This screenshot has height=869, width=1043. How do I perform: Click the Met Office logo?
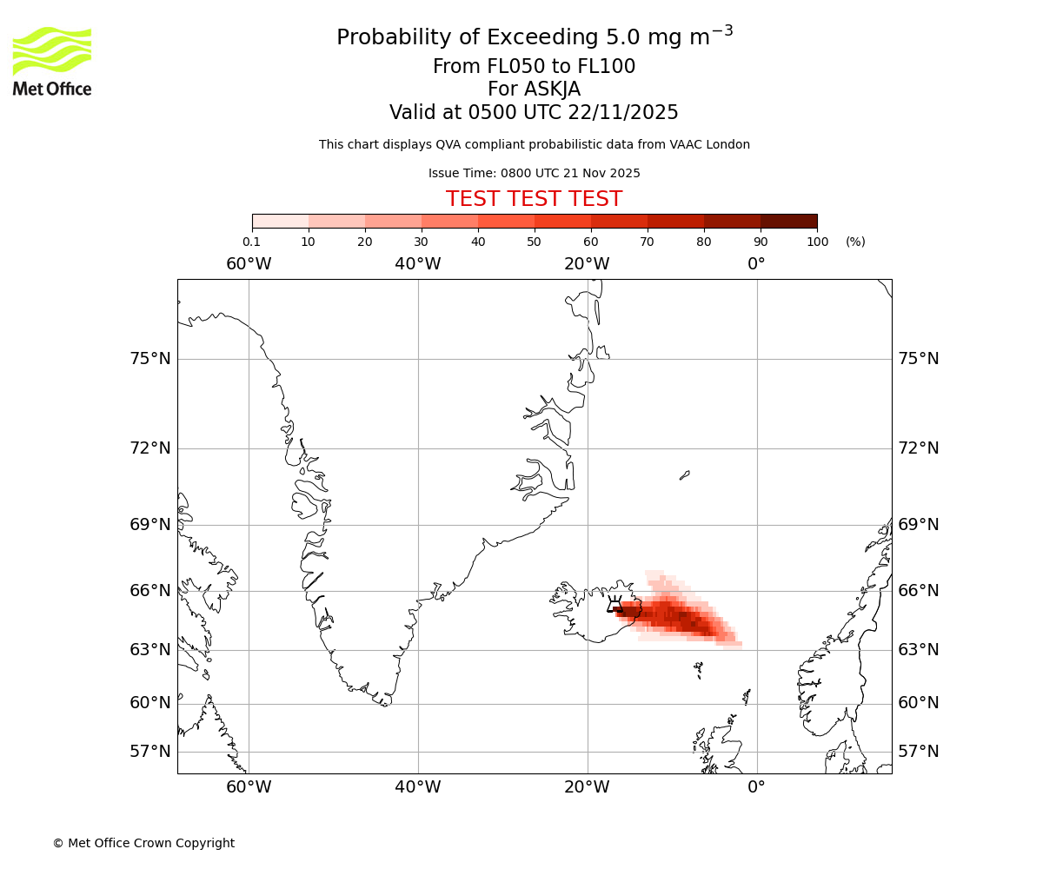(52, 61)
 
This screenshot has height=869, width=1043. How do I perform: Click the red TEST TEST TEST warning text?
(534, 199)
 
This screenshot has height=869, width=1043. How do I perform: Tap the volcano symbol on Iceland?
(615, 602)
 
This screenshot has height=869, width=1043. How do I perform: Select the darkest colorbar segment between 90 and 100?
(788, 221)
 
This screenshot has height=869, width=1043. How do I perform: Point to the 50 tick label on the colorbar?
(534, 242)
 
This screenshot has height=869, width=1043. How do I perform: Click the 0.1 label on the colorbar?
(252, 242)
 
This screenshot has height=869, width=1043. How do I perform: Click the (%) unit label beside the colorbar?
(855, 242)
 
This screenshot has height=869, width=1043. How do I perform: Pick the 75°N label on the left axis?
(150, 359)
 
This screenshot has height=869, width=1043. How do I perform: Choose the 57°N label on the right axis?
(918, 752)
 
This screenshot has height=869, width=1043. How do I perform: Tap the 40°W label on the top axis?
(418, 263)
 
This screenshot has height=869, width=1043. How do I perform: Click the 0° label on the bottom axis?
(756, 787)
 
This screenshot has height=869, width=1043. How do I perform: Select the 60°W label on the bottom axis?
(249, 787)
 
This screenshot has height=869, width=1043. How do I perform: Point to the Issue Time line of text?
(534, 173)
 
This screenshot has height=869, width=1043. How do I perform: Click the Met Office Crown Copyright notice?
(143, 843)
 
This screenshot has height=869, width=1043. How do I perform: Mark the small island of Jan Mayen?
(685, 475)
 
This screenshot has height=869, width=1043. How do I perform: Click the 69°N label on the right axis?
(918, 524)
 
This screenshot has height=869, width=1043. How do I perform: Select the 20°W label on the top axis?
(587, 263)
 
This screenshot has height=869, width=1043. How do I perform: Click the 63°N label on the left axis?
(150, 650)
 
